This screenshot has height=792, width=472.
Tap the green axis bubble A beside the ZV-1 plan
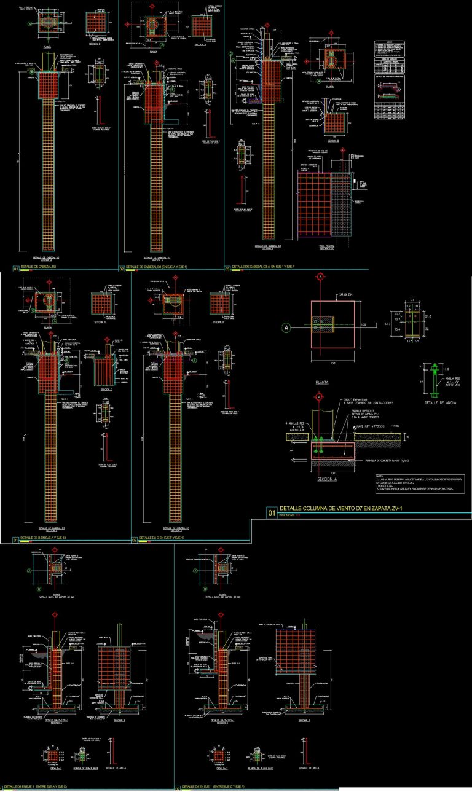[286, 327]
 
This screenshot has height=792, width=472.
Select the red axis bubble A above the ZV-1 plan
[320, 278]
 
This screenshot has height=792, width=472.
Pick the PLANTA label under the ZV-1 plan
[321, 382]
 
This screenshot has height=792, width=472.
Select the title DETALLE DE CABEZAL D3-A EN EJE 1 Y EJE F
[265, 268]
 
